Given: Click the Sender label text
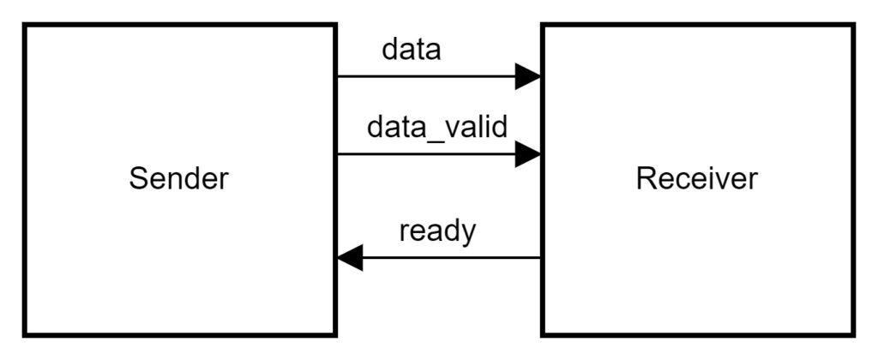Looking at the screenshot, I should (179, 179).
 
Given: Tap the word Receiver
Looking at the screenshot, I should (696, 179).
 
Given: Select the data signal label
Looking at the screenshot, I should (411, 50).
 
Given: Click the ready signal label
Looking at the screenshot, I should (437, 231).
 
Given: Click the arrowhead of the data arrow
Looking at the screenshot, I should (527, 76).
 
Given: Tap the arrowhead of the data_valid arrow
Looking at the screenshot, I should (527, 154).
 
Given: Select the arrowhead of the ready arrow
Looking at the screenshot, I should (350, 257).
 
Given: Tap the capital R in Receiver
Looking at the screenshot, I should (646, 179).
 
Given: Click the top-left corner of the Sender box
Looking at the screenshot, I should (25, 25).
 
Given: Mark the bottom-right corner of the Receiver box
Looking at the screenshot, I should (853, 334).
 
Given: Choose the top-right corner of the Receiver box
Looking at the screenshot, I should (853, 25).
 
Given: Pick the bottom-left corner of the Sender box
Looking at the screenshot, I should (25, 334).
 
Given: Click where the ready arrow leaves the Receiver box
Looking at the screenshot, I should (541, 257).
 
